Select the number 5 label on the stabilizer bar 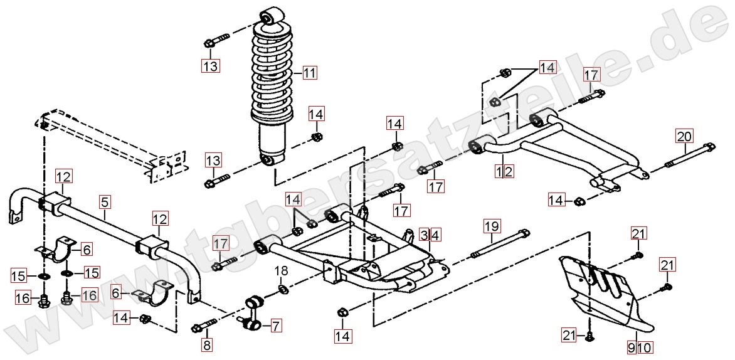point(105,202)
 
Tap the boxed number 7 point(277,325)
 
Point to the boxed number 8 point(208,344)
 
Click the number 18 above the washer point(282,270)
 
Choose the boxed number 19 point(492,225)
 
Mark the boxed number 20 point(684,135)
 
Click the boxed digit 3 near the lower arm point(425,235)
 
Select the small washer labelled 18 point(282,289)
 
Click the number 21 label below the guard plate point(568,337)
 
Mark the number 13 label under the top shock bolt point(211,66)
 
